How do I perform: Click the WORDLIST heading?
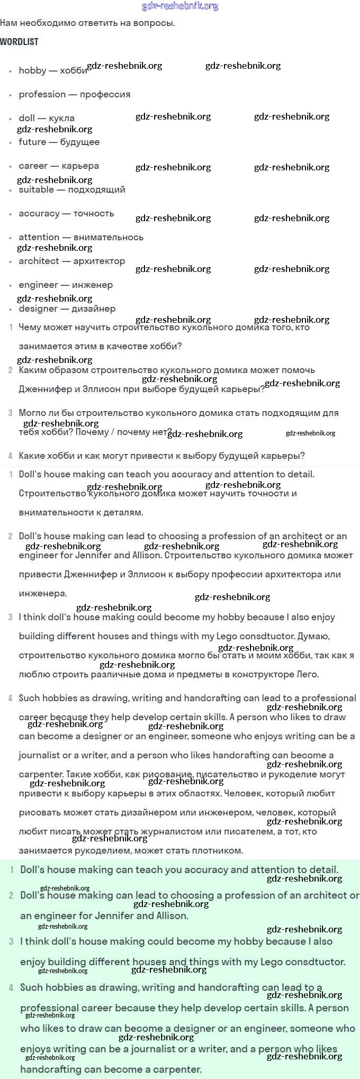coord(19,41)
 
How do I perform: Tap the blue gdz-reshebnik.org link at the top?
coord(180,6)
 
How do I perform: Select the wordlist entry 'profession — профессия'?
coord(74,94)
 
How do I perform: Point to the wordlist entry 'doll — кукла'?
coord(47,118)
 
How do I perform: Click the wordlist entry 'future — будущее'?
coord(59,142)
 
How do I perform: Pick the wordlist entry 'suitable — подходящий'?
coord(72,189)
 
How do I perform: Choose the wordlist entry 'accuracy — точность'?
coord(66,213)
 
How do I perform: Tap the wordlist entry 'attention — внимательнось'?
coord(81,237)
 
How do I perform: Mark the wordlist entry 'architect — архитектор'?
coord(72,261)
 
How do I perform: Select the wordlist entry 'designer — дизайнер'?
coord(67,309)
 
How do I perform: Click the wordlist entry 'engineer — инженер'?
coord(66,285)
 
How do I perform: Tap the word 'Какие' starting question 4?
coord(31,456)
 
